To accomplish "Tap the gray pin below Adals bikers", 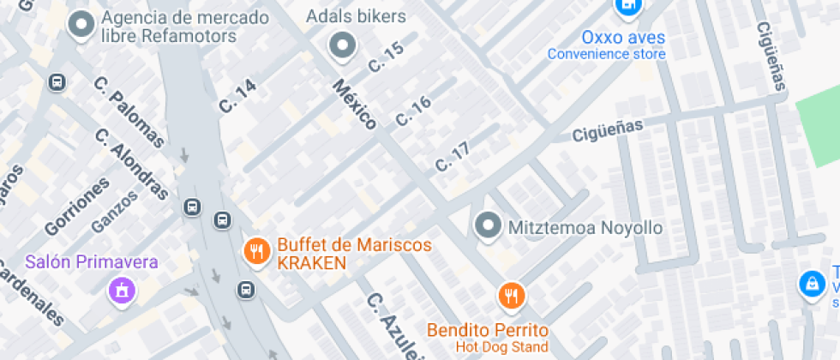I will (x=343, y=45).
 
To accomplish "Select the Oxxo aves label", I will (x=623, y=37).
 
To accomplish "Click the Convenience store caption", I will (x=606, y=54).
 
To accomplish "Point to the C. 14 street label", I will (x=237, y=96).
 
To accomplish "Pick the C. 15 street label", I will (x=386, y=57).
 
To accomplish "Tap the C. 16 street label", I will (x=413, y=111).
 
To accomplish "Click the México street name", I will (x=355, y=105).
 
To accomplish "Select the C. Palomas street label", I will (x=129, y=112).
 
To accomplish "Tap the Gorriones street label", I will (x=77, y=207).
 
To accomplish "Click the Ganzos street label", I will (x=114, y=211).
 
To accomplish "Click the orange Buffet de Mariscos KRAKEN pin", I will (x=255, y=251).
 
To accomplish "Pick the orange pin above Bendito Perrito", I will (x=512, y=297).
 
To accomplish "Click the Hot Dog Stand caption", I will (x=501, y=346).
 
